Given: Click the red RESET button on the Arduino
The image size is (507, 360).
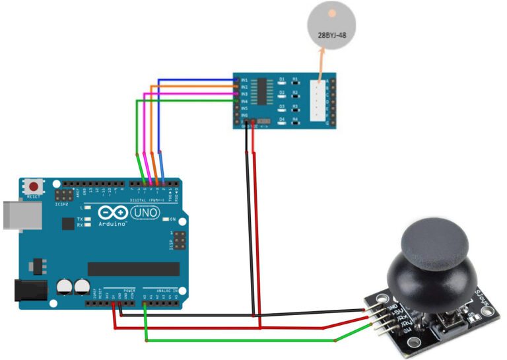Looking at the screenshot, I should point(32,186).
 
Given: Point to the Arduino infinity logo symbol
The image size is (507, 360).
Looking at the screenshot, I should point(110,213).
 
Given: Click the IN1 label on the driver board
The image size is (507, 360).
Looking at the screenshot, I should point(244,80).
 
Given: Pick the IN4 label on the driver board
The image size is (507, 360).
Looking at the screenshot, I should point(244,101).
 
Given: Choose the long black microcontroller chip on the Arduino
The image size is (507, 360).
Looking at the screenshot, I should point(133,269).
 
